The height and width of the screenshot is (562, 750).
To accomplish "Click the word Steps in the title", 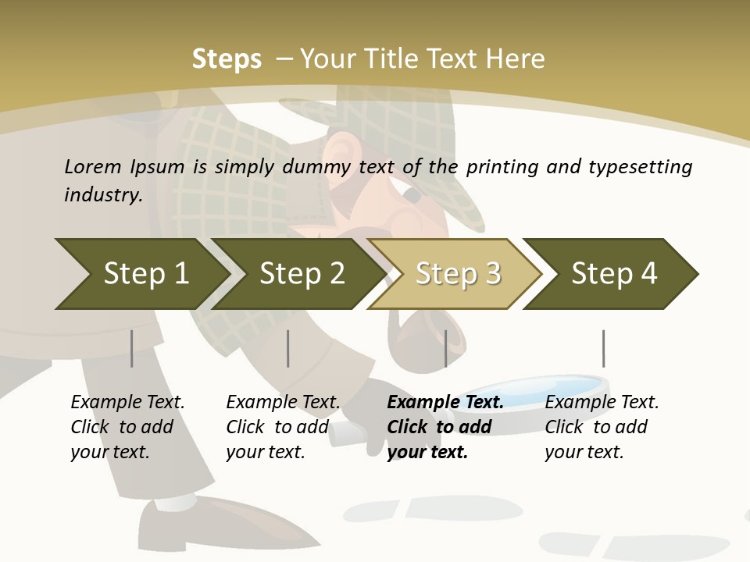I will pos(227,59).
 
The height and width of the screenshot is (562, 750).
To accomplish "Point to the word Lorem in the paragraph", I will pos(93,166).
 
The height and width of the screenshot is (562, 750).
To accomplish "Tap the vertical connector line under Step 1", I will pos(132,348).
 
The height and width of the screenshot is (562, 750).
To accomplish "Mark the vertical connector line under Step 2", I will pos(288,348).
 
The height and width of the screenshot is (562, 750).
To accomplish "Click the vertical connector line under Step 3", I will pos(445,348).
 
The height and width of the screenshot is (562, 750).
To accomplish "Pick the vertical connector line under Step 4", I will pos(603,348).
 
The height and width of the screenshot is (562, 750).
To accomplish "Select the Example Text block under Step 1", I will pos(127,426).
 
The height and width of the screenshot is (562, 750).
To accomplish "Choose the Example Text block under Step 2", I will pos(283,426).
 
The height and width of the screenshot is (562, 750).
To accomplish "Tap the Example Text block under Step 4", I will pos(602,426).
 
